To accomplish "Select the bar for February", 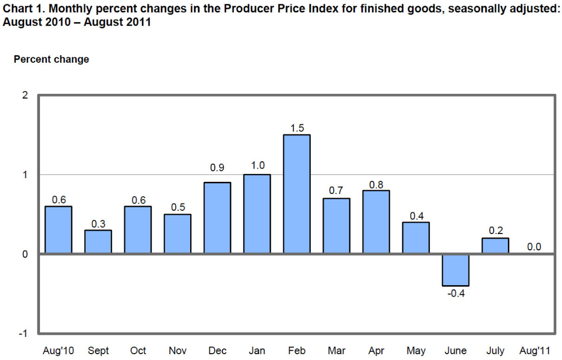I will click(297, 194).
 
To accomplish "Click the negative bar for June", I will click(456, 269).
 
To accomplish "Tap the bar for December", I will click(217, 218).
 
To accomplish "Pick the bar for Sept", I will click(98, 241).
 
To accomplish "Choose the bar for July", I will click(496, 246).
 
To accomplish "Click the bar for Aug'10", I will click(58, 230).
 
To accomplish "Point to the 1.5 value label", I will click(297, 128).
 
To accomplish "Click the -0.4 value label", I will click(456, 293).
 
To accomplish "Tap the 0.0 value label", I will click(534, 247).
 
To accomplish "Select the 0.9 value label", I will click(217, 168).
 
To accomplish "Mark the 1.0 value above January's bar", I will click(257, 165).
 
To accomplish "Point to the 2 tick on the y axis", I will click(25, 95).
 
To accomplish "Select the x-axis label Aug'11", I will click(535, 351).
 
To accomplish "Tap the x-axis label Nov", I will click(177, 351).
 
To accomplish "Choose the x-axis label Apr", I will click(376, 351).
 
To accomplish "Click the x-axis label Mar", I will click(337, 351).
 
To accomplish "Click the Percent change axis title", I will click(51, 60).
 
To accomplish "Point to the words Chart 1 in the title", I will click(21, 8).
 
